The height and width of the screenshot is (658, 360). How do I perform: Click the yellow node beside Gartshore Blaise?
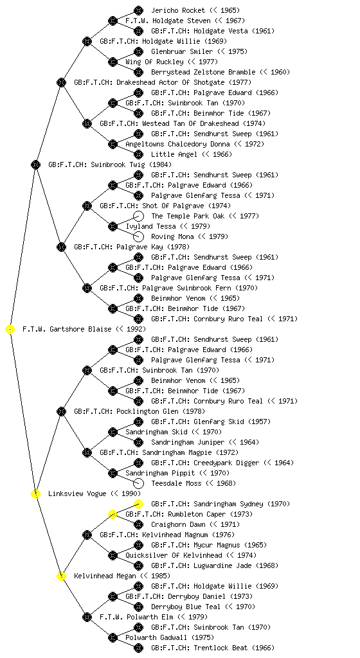10,330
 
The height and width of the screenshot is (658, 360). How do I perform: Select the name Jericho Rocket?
178,10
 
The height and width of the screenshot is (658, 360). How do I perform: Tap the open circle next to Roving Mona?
138,236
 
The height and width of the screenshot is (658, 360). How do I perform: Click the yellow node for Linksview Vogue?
36,494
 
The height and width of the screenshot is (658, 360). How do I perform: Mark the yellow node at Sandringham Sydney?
138,504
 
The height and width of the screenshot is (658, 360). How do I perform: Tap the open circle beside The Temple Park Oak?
138,216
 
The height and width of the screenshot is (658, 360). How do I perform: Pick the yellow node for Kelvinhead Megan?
62,576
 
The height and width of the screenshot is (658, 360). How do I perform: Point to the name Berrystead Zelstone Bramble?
203,72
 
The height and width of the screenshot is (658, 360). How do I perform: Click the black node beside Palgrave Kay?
62,247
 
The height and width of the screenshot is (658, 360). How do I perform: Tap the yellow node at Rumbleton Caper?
113,515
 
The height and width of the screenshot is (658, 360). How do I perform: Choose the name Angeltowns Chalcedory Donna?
177,145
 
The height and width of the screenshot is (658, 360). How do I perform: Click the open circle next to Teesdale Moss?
138,483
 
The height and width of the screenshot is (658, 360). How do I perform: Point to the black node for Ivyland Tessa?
113,227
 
